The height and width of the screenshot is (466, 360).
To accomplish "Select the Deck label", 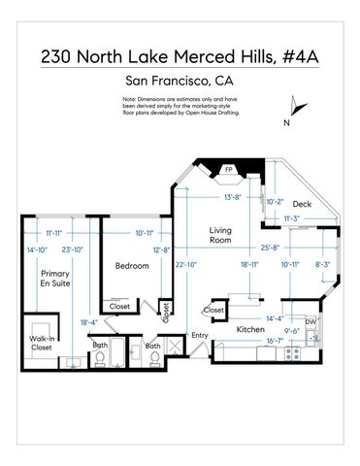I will (x=302, y=204).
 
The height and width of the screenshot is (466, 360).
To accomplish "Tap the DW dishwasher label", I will (x=311, y=321).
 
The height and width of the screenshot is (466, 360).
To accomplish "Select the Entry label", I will (x=200, y=336).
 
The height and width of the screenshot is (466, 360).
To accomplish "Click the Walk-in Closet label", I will (x=41, y=342).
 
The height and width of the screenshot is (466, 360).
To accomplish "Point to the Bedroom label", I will (x=131, y=265).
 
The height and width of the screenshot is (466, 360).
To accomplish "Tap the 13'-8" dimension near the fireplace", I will (x=232, y=197).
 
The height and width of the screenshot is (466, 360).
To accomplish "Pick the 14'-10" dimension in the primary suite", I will (x=37, y=250).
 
